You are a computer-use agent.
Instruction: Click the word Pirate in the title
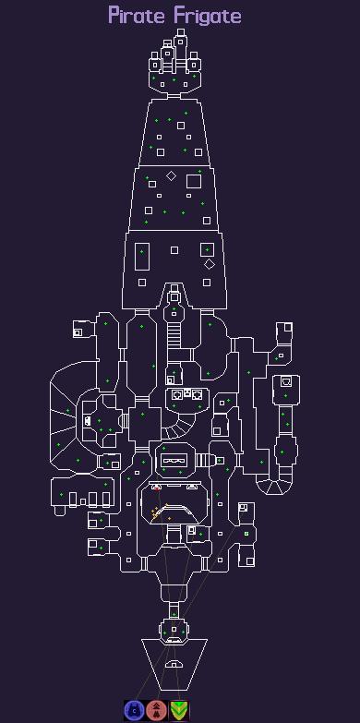[x=135, y=16]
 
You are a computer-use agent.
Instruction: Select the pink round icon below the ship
[x=156, y=709]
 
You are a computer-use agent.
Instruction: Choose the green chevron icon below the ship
[x=179, y=709]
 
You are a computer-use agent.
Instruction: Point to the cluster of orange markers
[x=158, y=510]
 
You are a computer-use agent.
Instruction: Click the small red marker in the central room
[x=157, y=488]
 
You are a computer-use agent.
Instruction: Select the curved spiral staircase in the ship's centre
[x=181, y=426]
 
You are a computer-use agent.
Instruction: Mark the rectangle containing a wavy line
[x=175, y=459]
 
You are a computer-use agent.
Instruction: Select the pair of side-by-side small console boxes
[x=193, y=394]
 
